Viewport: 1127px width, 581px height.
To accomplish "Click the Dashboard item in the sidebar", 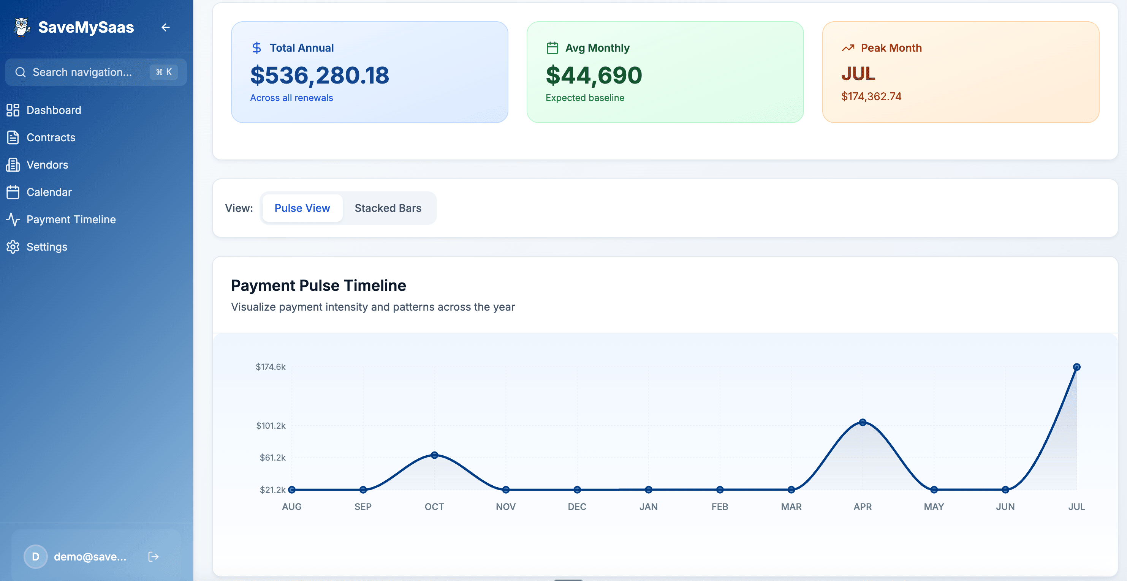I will (53, 110).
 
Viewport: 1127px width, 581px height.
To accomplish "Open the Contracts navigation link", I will (51, 137).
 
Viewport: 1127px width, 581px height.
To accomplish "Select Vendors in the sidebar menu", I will (47, 165).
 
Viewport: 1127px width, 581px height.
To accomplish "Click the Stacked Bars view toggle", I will (388, 208).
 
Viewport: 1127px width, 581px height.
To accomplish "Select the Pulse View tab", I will (302, 208).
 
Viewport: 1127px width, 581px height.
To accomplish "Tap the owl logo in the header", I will (21, 27).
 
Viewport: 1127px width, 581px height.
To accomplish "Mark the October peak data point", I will (434, 455).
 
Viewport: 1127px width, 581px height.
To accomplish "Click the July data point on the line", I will (1077, 367).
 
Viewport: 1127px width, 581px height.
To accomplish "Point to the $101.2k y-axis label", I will (271, 426).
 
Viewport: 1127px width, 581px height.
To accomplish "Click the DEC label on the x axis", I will (577, 507).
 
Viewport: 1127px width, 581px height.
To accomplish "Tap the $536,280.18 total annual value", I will (320, 75).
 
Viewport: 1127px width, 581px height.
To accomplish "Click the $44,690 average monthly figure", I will (594, 75).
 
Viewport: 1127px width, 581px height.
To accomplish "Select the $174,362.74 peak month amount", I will (871, 96).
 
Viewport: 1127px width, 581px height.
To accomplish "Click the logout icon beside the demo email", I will (154, 557).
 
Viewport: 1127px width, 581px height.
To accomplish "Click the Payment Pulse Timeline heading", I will (318, 286).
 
